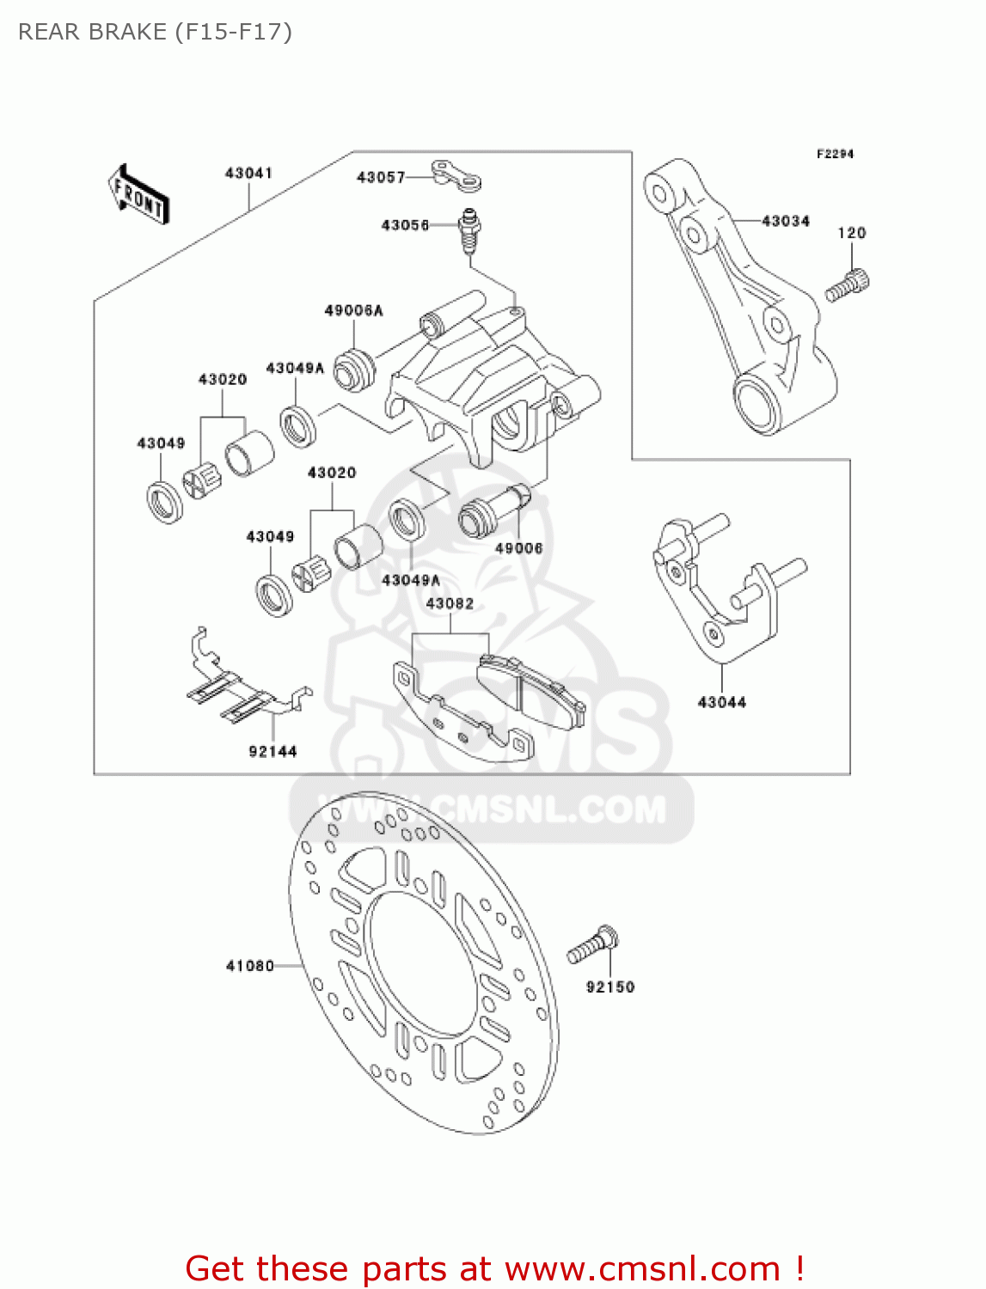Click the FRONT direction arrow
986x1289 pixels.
click(138, 195)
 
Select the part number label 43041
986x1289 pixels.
click(248, 174)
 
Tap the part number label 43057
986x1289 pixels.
click(380, 178)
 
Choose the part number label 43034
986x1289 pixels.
click(786, 222)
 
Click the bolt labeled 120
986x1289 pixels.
click(848, 285)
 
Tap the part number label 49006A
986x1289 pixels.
click(353, 311)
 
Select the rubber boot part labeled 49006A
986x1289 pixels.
click(354, 370)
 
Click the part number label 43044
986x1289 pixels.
click(722, 703)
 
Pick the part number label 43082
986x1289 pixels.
click(450, 604)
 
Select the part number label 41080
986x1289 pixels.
click(249, 966)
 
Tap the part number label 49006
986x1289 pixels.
click(518, 548)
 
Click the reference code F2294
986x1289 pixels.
click(835, 154)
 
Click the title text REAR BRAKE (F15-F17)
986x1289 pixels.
click(155, 32)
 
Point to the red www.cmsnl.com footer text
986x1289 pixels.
click(495, 1268)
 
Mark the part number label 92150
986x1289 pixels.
click(610, 987)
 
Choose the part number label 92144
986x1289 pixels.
click(273, 752)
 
